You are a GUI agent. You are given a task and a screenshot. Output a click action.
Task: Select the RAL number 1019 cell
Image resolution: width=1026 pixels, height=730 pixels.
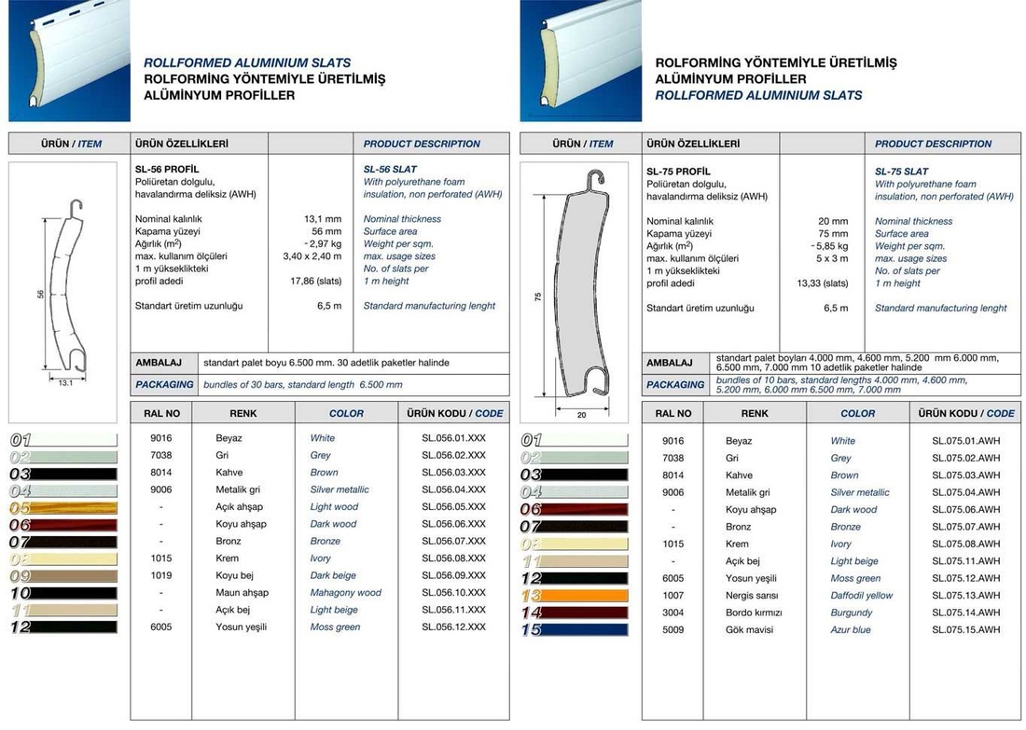point(161,576)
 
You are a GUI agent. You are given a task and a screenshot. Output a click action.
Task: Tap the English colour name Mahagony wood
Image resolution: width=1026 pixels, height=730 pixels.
point(345,593)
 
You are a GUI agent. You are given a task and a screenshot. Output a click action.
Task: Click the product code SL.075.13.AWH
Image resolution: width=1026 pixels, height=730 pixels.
point(965,596)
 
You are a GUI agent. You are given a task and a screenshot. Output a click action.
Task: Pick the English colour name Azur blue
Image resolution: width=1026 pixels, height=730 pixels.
point(851,630)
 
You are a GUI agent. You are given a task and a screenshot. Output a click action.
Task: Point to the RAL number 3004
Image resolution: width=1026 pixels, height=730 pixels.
point(672,613)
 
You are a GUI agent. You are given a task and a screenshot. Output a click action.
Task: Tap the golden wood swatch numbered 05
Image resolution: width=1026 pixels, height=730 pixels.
point(63,508)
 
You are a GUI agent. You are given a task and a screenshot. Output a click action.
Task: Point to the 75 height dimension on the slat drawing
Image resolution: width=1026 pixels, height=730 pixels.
point(538,296)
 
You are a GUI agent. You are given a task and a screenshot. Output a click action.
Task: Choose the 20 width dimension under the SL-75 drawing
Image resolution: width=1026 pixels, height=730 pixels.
point(581,415)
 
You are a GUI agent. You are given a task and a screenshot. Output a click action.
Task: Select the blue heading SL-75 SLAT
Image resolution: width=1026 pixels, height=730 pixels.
point(901,172)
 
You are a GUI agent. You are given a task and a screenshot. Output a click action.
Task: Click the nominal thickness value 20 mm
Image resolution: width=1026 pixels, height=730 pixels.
point(832,222)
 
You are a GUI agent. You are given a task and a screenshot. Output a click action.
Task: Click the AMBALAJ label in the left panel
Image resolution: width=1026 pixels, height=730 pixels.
point(159,363)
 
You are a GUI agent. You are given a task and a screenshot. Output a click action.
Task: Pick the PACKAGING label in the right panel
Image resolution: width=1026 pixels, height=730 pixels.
point(675,384)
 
